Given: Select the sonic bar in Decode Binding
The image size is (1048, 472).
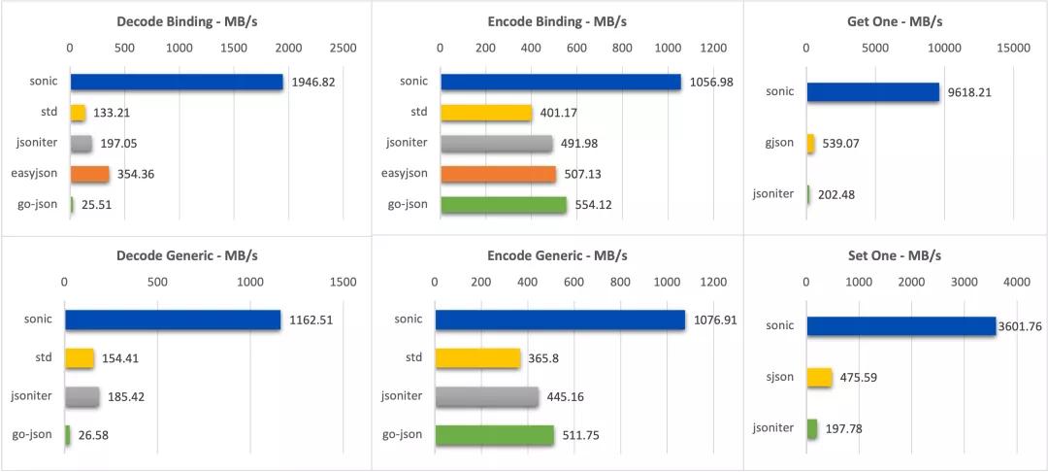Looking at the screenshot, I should click(176, 82).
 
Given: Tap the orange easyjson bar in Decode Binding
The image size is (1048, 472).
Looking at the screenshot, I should click(89, 174).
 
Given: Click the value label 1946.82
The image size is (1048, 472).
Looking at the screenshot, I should click(313, 83).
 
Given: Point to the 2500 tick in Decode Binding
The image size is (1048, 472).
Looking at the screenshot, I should click(343, 47).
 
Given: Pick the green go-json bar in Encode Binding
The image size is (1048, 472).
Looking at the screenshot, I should click(503, 205).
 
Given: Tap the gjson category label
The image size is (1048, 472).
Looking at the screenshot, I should click(778, 143).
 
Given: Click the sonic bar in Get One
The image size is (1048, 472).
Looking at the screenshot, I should click(872, 92).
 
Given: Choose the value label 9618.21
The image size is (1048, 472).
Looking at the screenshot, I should click(971, 92).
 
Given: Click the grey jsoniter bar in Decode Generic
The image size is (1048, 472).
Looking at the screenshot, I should click(82, 396).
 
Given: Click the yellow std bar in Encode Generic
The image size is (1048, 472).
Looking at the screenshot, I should click(477, 358).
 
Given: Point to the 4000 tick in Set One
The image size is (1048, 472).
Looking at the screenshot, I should click(1016, 282).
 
